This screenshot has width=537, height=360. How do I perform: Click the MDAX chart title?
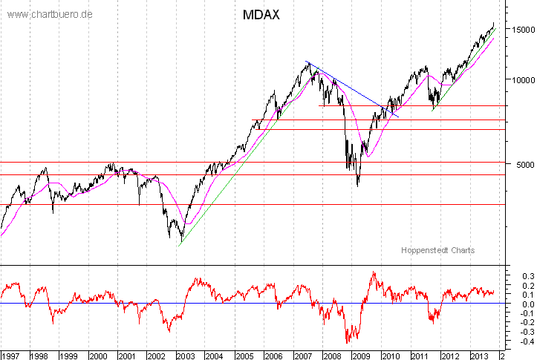pos(261,15)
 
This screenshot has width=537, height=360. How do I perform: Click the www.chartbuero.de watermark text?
pos(49,14)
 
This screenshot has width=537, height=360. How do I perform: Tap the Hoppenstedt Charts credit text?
pos(437,250)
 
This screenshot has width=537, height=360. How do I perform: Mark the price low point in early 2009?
pos(357,185)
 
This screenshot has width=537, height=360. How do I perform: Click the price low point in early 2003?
pos(180,240)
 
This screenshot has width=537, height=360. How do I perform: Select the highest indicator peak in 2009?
pos(373,272)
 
